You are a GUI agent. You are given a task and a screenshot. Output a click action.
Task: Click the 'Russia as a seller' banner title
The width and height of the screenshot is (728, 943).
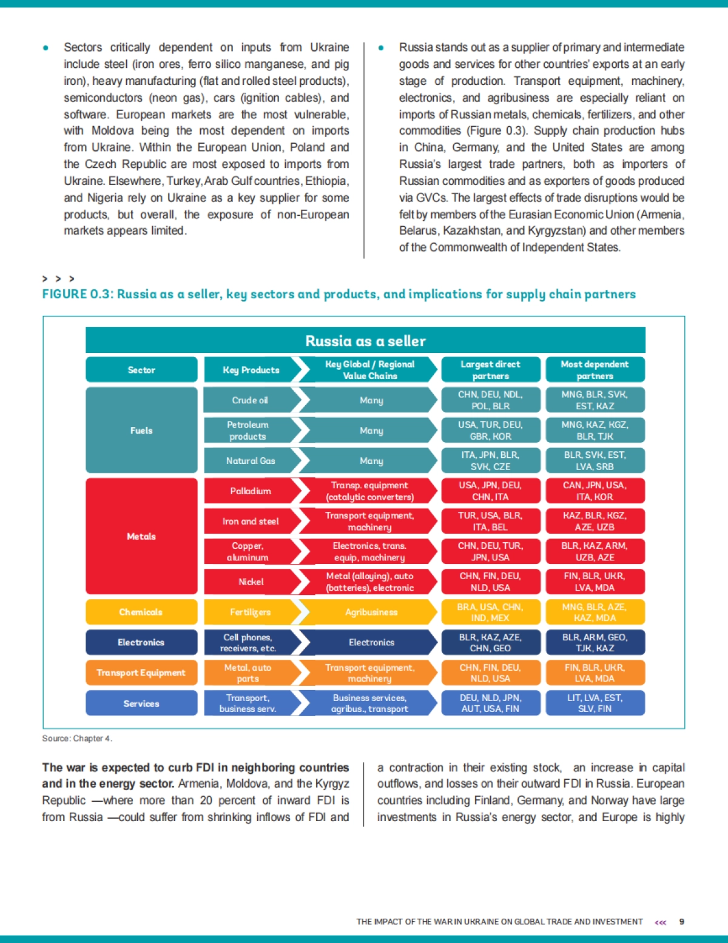(x=365, y=341)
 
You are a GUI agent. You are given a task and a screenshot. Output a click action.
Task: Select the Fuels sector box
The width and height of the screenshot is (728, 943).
(x=141, y=430)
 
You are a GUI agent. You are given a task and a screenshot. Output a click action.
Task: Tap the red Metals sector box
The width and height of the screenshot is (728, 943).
(x=141, y=536)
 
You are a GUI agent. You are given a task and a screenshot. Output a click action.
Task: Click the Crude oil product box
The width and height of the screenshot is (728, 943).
(x=250, y=400)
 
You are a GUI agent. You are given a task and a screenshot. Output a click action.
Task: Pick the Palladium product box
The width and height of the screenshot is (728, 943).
(x=250, y=491)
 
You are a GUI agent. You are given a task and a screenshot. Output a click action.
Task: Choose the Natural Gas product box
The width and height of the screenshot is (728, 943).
(x=250, y=461)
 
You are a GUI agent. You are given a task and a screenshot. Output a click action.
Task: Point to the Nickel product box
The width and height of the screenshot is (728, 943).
(x=250, y=582)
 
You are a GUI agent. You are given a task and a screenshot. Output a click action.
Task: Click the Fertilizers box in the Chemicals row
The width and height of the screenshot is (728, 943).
(x=250, y=612)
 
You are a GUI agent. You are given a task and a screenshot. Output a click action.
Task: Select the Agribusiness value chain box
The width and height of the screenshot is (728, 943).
(x=371, y=612)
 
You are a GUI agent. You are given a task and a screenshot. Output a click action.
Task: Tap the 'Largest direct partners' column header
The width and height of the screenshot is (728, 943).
(x=490, y=370)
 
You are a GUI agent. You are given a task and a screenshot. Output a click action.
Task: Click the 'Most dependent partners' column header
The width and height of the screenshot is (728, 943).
(x=595, y=370)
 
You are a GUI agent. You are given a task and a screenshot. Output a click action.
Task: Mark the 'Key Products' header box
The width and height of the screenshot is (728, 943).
(x=250, y=370)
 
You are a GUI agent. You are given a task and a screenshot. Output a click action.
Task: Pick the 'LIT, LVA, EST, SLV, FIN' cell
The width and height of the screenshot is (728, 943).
(x=595, y=703)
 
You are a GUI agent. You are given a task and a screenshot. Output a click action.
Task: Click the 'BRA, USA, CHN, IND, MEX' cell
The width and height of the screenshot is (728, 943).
(x=490, y=612)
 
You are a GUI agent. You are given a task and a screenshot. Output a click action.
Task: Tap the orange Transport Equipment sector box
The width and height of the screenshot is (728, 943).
(x=141, y=673)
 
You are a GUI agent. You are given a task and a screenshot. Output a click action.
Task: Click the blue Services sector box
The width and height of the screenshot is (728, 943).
(x=141, y=703)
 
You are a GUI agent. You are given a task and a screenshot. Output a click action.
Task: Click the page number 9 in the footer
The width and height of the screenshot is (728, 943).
(x=681, y=922)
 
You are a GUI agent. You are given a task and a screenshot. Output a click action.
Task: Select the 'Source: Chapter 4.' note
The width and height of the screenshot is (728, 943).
(x=77, y=738)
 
